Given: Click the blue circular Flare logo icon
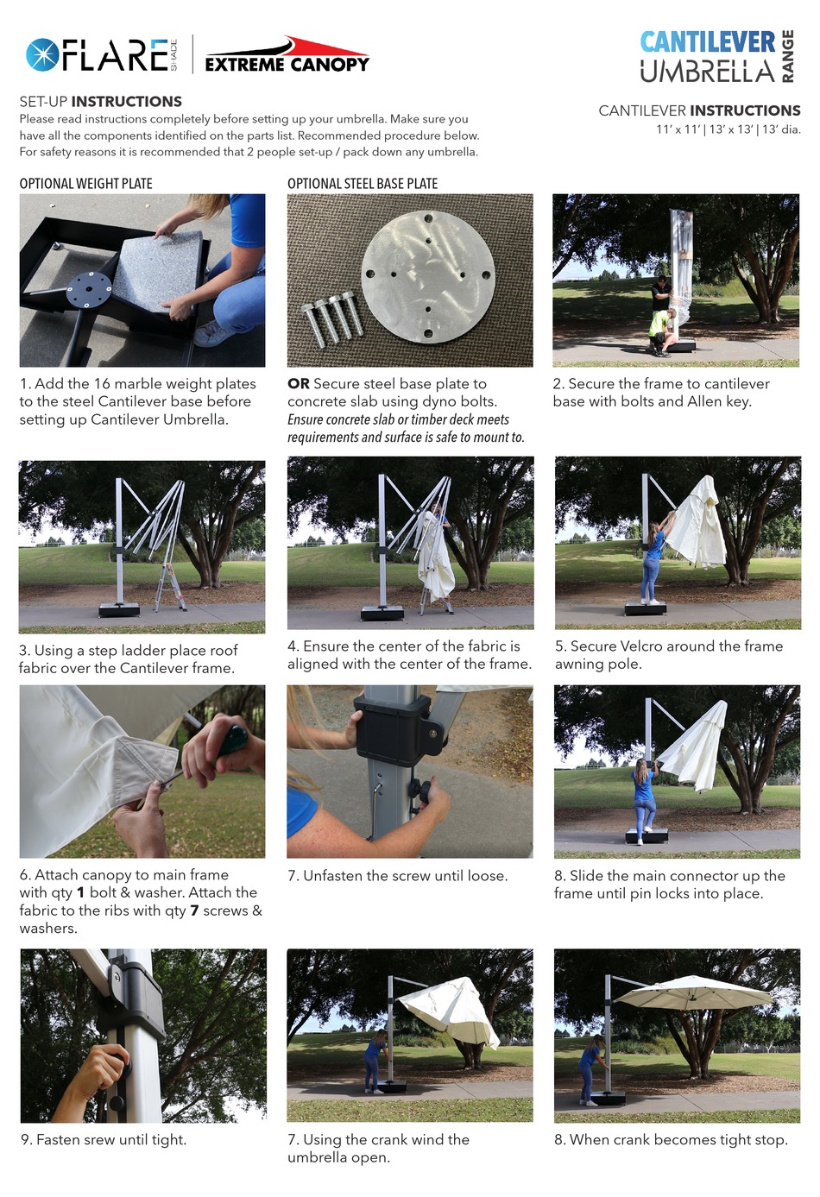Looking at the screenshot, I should [x=42, y=55].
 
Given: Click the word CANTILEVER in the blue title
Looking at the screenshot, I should [x=708, y=41].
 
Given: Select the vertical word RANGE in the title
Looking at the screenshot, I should [x=787, y=56].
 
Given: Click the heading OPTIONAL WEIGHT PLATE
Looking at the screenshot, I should [x=85, y=184].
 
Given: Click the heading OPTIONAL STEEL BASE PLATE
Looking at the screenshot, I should [x=363, y=184].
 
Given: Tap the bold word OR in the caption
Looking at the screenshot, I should [x=298, y=384].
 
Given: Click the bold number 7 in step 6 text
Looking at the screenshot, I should [x=194, y=910].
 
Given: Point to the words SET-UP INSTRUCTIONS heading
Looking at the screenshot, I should [x=100, y=101].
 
